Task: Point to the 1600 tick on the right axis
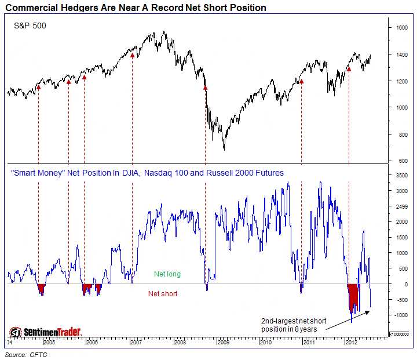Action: (402, 27)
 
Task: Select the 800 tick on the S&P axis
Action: (400, 134)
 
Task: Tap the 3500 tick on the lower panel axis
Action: (402, 174)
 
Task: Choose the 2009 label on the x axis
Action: (222, 343)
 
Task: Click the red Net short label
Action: (163, 293)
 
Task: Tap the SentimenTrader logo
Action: (46, 332)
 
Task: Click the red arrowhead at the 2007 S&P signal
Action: (132, 55)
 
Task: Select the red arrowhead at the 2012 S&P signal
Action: (349, 68)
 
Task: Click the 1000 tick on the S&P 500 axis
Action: (401, 108)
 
